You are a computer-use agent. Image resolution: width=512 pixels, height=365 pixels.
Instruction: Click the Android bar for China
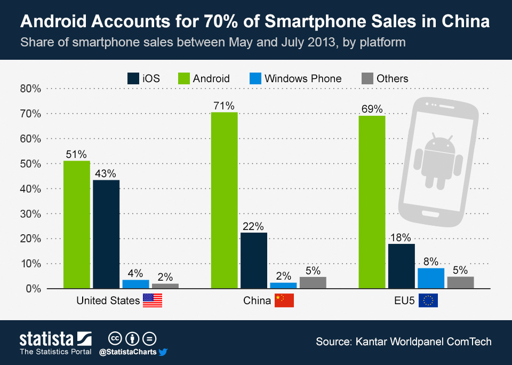click(x=225, y=200)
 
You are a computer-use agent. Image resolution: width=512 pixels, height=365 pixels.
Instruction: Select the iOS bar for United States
click(x=106, y=234)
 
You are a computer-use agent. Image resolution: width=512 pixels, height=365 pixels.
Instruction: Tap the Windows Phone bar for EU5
click(x=431, y=279)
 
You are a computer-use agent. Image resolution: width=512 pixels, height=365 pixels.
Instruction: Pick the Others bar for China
click(x=313, y=283)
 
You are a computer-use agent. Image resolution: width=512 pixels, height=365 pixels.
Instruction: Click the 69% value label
click(x=372, y=109)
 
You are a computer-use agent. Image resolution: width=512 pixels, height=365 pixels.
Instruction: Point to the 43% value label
click(x=106, y=173)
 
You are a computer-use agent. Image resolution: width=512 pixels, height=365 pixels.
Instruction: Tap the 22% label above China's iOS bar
click(x=253, y=226)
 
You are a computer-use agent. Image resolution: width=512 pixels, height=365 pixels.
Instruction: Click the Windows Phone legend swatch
click(x=255, y=78)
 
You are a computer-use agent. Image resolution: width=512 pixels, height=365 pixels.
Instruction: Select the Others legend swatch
click(x=367, y=78)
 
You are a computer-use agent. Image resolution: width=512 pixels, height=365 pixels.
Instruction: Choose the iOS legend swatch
click(x=133, y=78)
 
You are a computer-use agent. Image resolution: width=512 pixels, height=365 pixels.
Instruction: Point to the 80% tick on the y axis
click(x=30, y=89)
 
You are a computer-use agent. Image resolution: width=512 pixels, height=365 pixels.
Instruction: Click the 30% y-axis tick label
click(x=30, y=214)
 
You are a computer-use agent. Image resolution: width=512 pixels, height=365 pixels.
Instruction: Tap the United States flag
click(x=153, y=300)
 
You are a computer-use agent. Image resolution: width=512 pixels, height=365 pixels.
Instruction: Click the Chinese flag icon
click(x=284, y=300)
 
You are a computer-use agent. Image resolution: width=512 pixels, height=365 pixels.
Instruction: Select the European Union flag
click(x=428, y=300)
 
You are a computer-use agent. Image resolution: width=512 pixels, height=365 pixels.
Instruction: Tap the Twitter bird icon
click(x=163, y=352)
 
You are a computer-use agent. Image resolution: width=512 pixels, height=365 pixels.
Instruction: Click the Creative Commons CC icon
click(x=115, y=339)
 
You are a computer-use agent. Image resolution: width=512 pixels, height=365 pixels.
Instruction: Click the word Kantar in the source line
click(x=371, y=342)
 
